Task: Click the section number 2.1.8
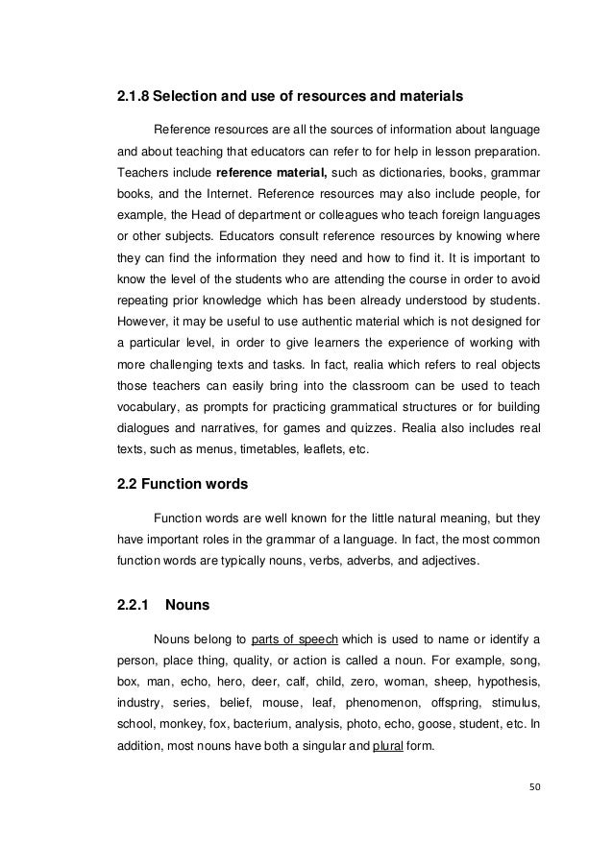click(134, 97)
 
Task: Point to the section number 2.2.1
click(133, 606)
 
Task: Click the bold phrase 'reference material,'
click(272, 173)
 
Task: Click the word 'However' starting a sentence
click(141, 320)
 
